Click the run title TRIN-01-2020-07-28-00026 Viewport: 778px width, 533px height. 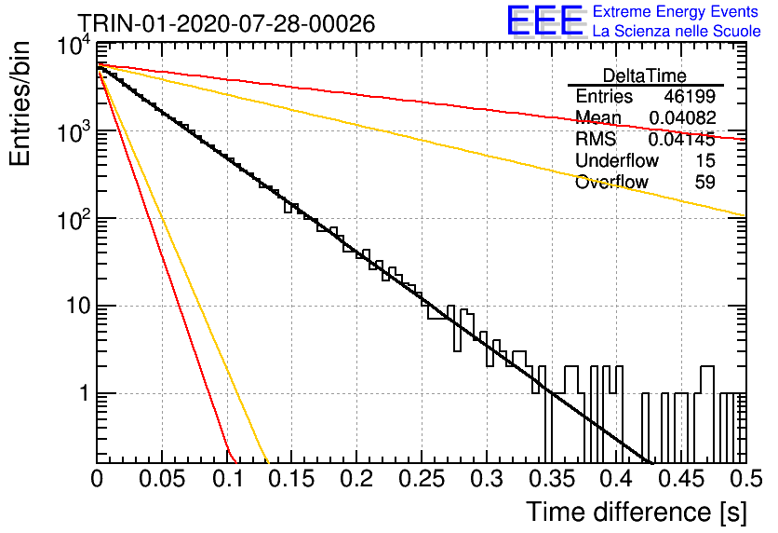(226, 23)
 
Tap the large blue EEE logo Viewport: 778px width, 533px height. (545, 20)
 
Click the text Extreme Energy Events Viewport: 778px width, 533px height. (676, 11)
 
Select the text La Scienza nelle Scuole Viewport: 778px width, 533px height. (677, 31)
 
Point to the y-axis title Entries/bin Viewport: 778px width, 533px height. (20, 103)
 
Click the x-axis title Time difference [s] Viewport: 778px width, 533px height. (637, 512)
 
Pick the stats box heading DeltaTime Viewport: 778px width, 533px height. (645, 75)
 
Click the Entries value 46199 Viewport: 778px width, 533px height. (690, 96)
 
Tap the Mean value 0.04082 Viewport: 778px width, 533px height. (682, 117)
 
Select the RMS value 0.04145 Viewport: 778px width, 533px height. (682, 139)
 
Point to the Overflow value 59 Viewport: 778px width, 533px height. (705, 183)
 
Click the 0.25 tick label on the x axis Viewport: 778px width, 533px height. (422, 479)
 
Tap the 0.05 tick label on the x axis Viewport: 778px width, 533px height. (162, 479)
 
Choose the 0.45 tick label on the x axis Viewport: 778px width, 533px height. (682, 479)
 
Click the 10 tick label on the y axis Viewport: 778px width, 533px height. (78, 306)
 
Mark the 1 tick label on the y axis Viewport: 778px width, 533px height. (85, 393)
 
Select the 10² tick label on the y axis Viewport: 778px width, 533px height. (74, 219)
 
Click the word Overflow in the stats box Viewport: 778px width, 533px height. (611, 183)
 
